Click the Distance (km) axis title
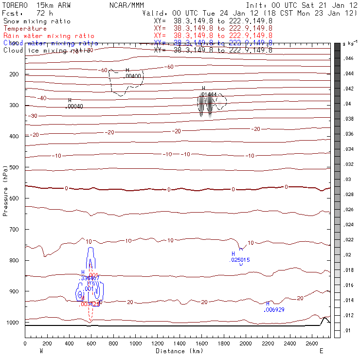click(x=178, y=350)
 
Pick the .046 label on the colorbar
click(x=348, y=58)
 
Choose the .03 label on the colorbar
click(x=347, y=180)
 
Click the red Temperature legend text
click(x=25, y=29)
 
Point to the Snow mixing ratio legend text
click(x=37, y=21)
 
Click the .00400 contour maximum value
click(x=133, y=76)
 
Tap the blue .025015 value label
click(x=239, y=260)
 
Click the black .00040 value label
click(x=74, y=106)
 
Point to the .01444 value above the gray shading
click(x=209, y=94)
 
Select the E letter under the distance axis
click(x=321, y=350)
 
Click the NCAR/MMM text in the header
click(x=126, y=6)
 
